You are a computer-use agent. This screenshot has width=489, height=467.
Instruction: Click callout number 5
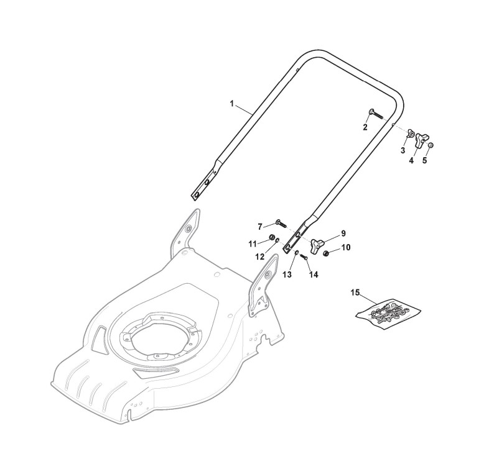click(425, 160)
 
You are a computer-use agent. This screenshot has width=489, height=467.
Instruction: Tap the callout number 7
click(260, 227)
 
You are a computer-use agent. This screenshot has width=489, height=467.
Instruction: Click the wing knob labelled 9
click(320, 242)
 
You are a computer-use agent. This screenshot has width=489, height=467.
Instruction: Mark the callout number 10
click(345, 247)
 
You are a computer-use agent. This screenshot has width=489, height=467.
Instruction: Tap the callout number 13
click(287, 274)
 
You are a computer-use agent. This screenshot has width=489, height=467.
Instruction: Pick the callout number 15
click(355, 292)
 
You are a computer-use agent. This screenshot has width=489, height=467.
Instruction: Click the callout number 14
click(313, 274)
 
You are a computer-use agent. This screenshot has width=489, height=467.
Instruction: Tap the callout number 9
click(342, 234)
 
